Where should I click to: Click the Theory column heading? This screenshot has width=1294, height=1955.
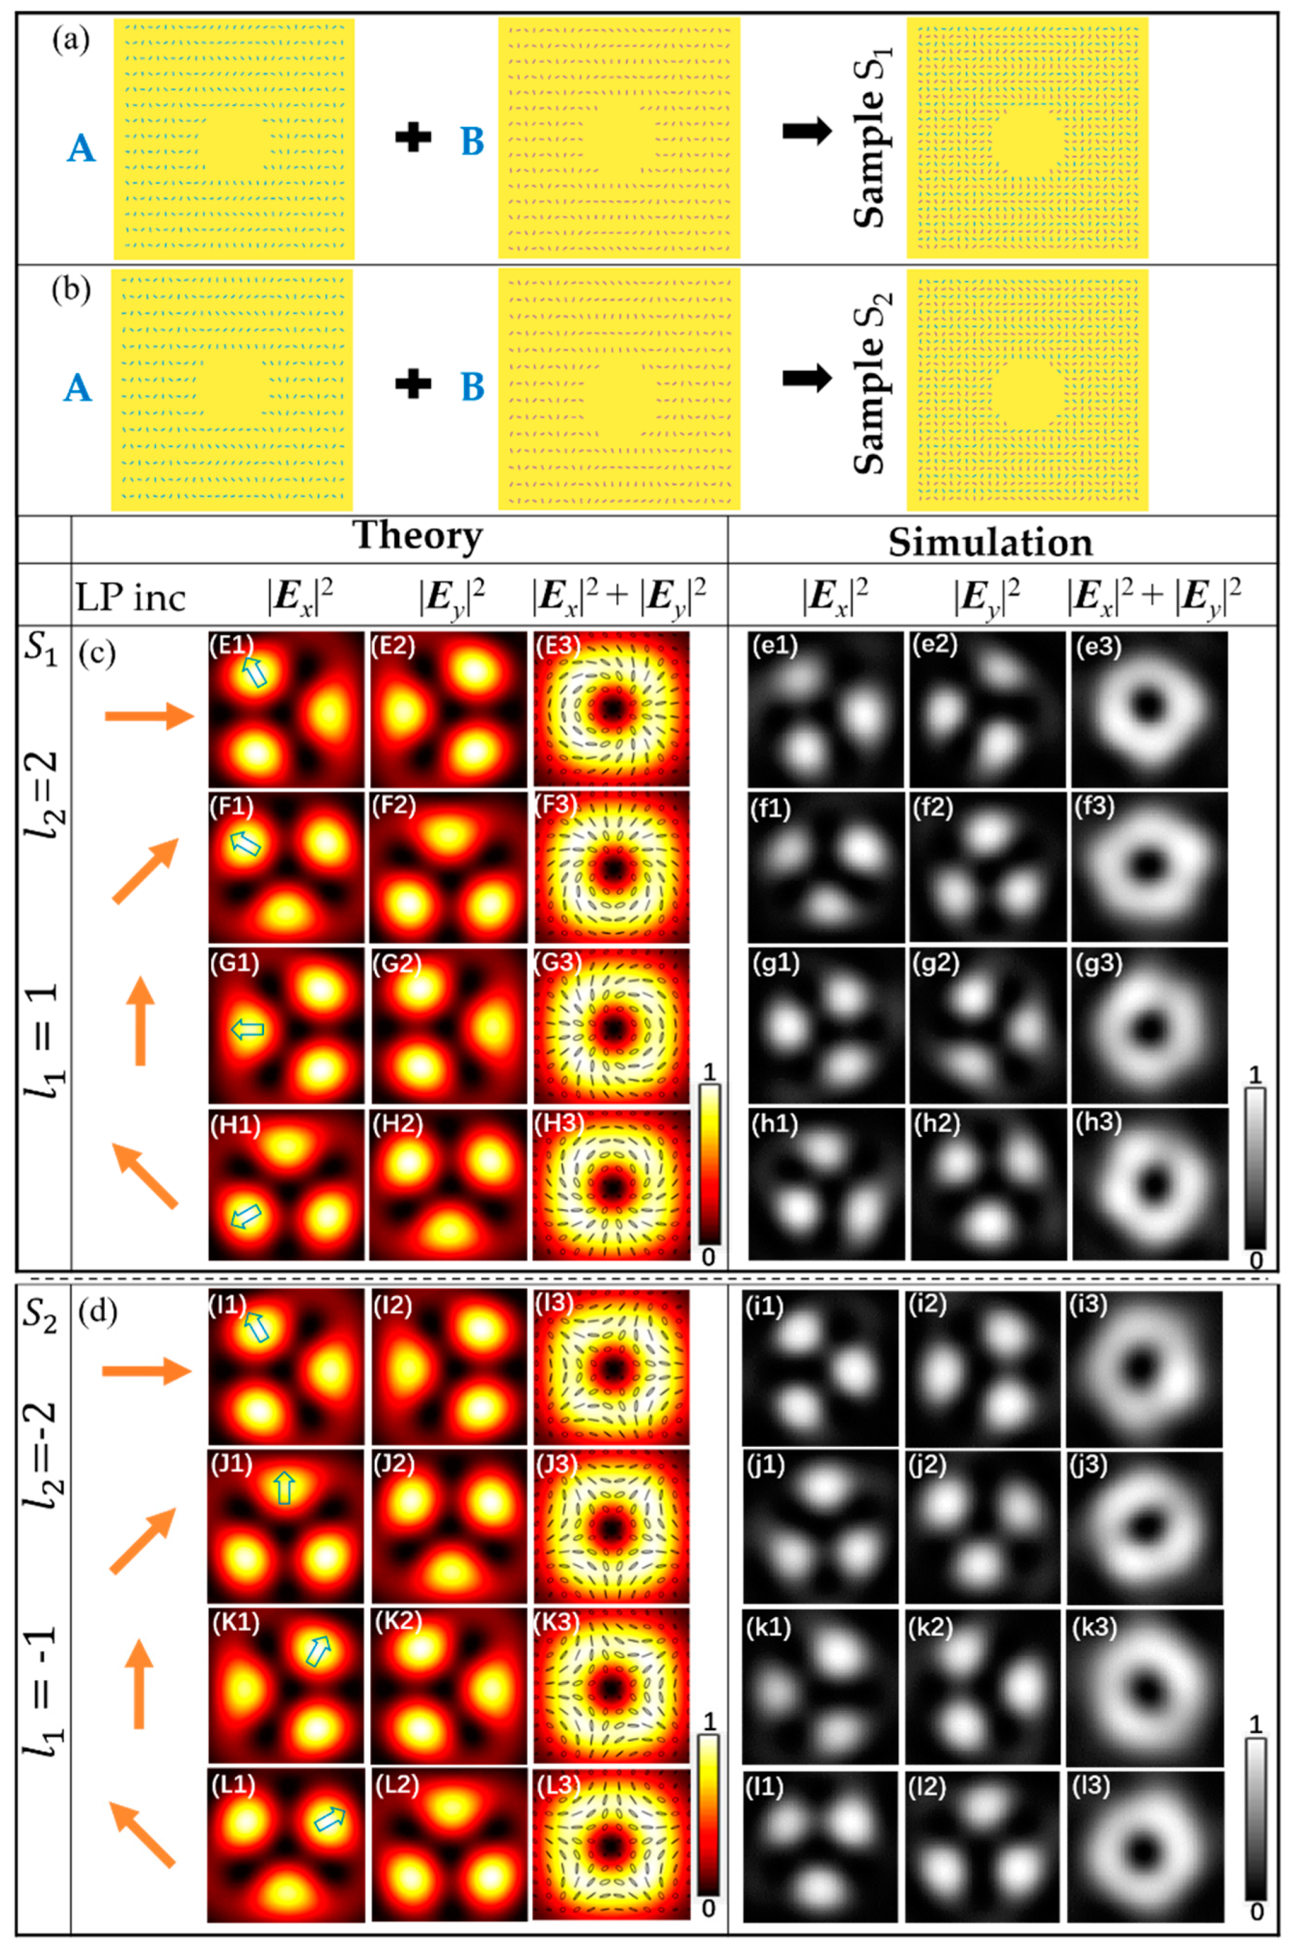coord(418,536)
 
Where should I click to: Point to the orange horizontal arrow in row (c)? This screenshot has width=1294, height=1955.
coord(148,716)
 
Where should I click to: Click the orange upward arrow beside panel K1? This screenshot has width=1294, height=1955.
coord(139,1683)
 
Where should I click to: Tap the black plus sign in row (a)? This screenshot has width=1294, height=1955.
coord(413,137)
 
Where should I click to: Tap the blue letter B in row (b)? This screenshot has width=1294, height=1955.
coord(472,385)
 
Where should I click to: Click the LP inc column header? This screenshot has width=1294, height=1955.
coord(130,598)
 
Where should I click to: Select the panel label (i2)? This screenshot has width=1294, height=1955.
coord(929,1305)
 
